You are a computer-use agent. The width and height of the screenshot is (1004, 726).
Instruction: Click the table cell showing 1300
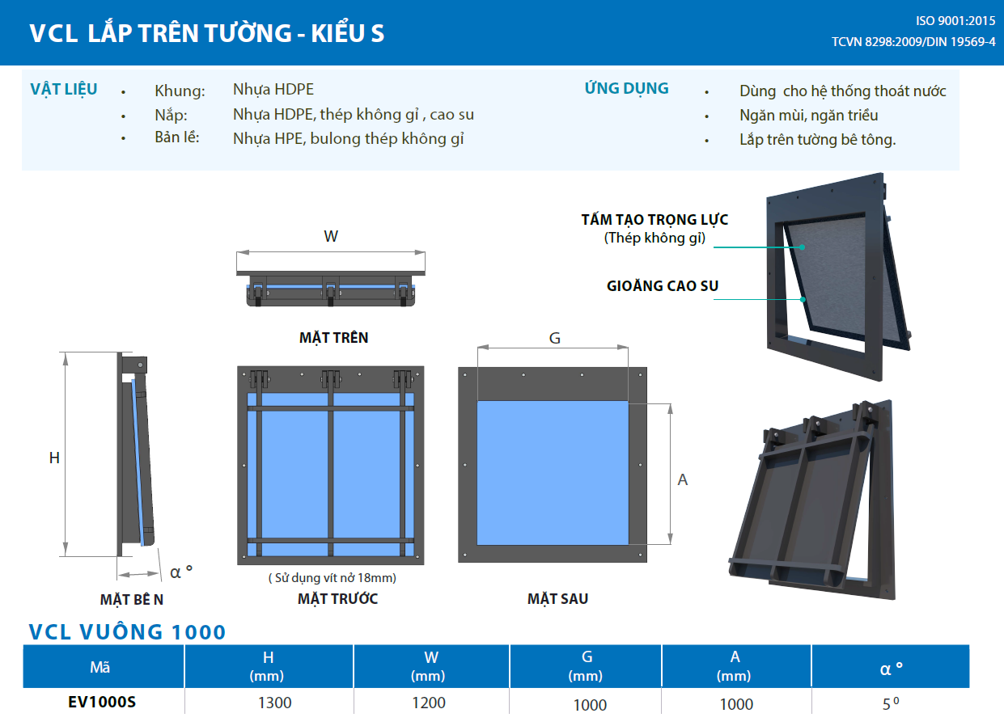274,703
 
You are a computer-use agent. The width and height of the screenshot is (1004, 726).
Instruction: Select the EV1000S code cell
102,702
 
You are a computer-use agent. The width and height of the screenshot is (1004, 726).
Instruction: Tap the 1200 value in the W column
429,703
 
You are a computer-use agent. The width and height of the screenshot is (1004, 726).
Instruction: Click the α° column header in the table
891,668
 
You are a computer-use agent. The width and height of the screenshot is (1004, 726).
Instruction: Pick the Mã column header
101,668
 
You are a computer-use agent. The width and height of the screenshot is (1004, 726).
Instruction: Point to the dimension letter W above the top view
331,236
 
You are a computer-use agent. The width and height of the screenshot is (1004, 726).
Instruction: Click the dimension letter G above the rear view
554,338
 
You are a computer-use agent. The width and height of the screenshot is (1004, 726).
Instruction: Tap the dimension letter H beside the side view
54,458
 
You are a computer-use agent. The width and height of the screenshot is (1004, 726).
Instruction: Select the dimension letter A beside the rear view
682,479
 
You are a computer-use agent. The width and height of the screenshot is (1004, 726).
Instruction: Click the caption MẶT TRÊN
333,338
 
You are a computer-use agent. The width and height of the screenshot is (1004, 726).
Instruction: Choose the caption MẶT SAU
557,599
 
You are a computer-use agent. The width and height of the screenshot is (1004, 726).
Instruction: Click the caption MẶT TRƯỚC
337,599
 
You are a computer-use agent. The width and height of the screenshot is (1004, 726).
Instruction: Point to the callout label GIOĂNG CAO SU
663,285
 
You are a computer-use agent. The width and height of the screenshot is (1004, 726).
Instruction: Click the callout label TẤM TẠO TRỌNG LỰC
655,219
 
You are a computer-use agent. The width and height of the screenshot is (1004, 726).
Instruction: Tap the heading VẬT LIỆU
63,89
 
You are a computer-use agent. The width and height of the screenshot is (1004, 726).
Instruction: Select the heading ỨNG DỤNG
626,88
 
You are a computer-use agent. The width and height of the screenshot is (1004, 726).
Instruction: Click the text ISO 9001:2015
955,21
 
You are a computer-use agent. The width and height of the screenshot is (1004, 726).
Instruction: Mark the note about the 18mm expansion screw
332,578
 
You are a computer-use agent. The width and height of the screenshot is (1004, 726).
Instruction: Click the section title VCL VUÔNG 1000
127,631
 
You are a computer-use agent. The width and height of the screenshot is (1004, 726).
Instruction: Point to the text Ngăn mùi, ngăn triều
808,115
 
